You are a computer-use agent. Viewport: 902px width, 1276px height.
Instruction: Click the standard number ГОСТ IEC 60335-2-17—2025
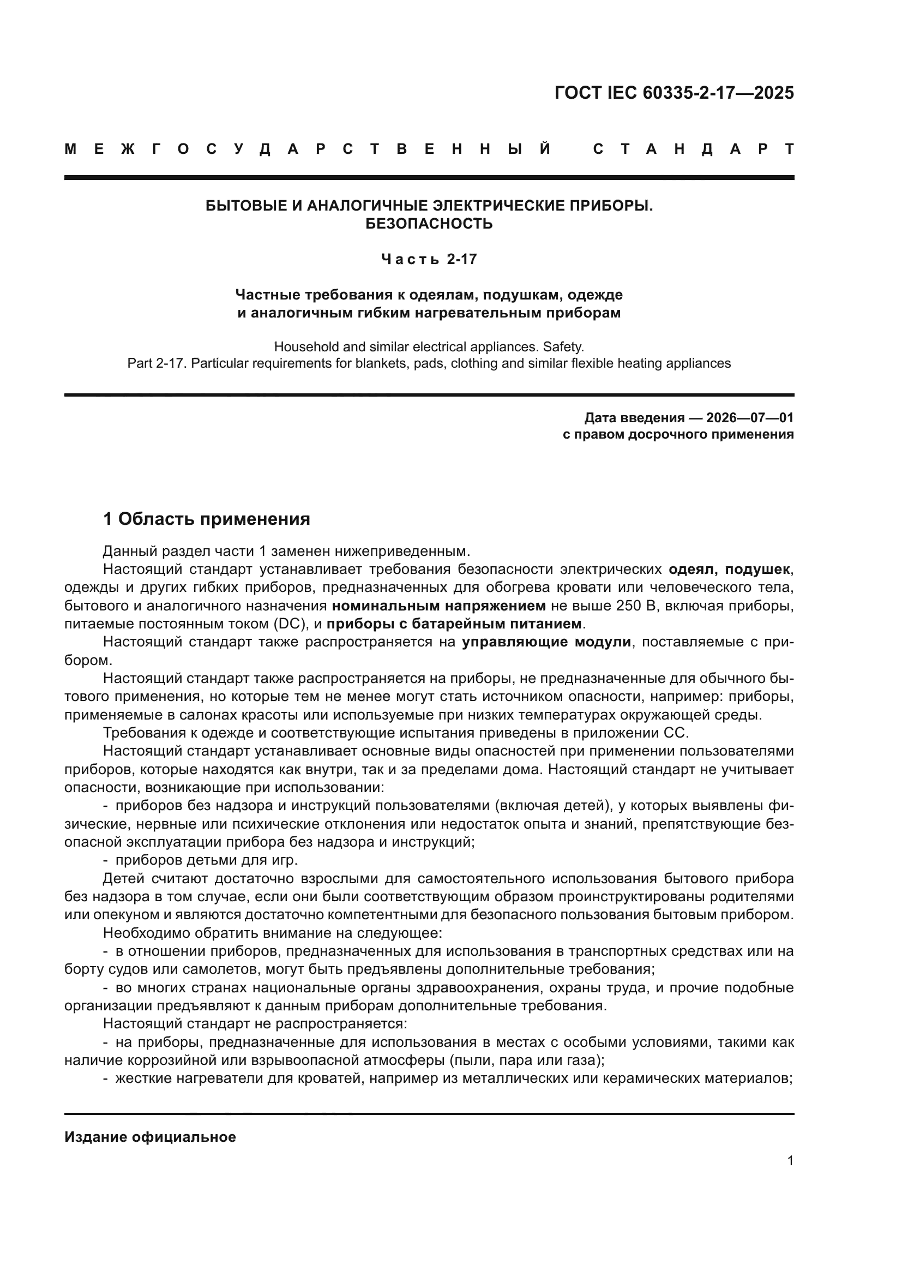(x=674, y=93)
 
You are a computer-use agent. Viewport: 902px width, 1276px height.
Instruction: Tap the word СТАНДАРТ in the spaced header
(x=693, y=149)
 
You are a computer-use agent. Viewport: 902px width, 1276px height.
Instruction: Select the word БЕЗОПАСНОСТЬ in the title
(x=429, y=224)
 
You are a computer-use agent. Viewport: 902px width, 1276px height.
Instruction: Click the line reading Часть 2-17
(x=429, y=259)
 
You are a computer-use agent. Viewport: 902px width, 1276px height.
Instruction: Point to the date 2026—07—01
(x=750, y=417)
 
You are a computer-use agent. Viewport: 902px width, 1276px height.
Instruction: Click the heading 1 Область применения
(x=207, y=519)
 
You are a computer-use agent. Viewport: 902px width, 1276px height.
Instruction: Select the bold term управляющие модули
(x=546, y=642)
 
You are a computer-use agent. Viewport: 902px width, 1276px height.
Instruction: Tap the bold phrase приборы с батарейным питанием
(x=454, y=624)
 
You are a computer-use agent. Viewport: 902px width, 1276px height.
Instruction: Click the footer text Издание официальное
(x=150, y=1137)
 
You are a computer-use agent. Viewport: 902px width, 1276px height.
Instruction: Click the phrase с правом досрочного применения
(x=678, y=434)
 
